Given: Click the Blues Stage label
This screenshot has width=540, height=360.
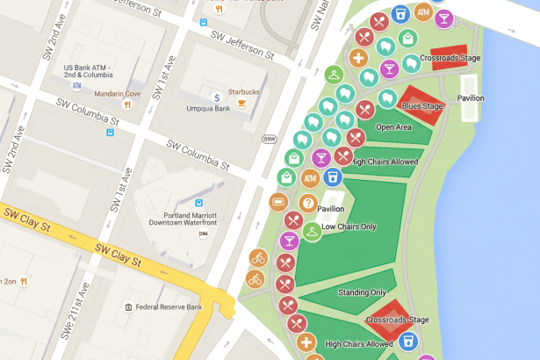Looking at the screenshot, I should click(422, 106).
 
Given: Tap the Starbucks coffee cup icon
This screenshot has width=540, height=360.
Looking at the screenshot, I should click(241, 102).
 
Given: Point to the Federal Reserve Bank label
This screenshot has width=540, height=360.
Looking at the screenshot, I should click(170, 306).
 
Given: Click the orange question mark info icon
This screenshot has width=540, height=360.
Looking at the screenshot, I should click(307, 204).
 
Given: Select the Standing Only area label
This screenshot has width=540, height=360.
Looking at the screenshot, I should click(361, 292).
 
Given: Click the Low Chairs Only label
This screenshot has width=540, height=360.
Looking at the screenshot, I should click(349, 227).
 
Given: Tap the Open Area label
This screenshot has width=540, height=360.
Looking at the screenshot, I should click(393, 127).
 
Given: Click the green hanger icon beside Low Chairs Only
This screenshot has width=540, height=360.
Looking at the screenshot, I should click(312, 233).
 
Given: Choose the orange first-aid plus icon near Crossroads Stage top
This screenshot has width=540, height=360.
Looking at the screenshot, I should click(358, 59).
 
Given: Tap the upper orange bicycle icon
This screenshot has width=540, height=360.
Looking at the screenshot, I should click(258, 258).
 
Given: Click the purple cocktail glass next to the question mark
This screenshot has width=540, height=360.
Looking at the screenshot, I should click(289, 240).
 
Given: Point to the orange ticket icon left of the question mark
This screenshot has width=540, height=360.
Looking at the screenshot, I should click(279, 203).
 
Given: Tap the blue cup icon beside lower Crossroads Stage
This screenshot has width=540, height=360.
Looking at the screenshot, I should click(406, 340).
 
